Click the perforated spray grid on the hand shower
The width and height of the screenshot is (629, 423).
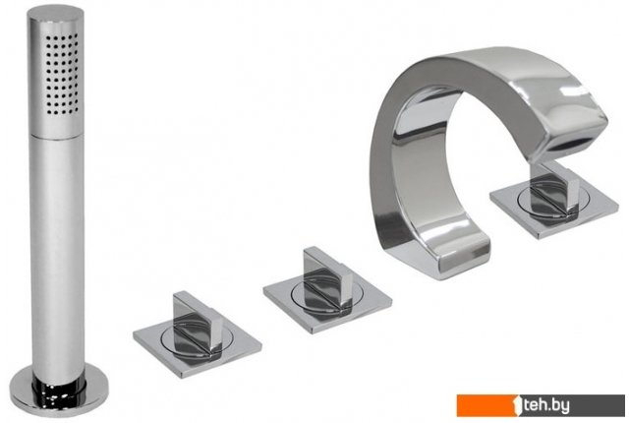[x=61, y=74]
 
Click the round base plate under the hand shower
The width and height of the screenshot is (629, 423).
[x=59, y=391]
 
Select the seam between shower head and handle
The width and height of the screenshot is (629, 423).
[x=57, y=136]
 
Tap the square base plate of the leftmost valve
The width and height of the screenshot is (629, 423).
[x=198, y=344]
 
